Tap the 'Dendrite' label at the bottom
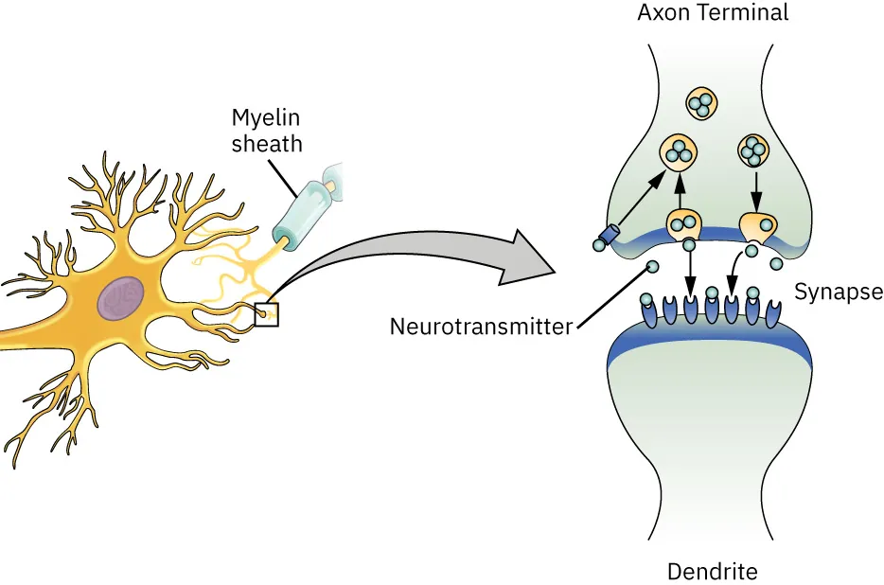click(712, 572)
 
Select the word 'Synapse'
click(838, 292)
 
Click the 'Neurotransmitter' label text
click(481, 328)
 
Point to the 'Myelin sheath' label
click(267, 132)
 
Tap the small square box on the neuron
click(266, 313)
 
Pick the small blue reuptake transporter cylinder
click(609, 234)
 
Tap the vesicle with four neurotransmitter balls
click(754, 151)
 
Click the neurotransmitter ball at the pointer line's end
click(652, 269)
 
